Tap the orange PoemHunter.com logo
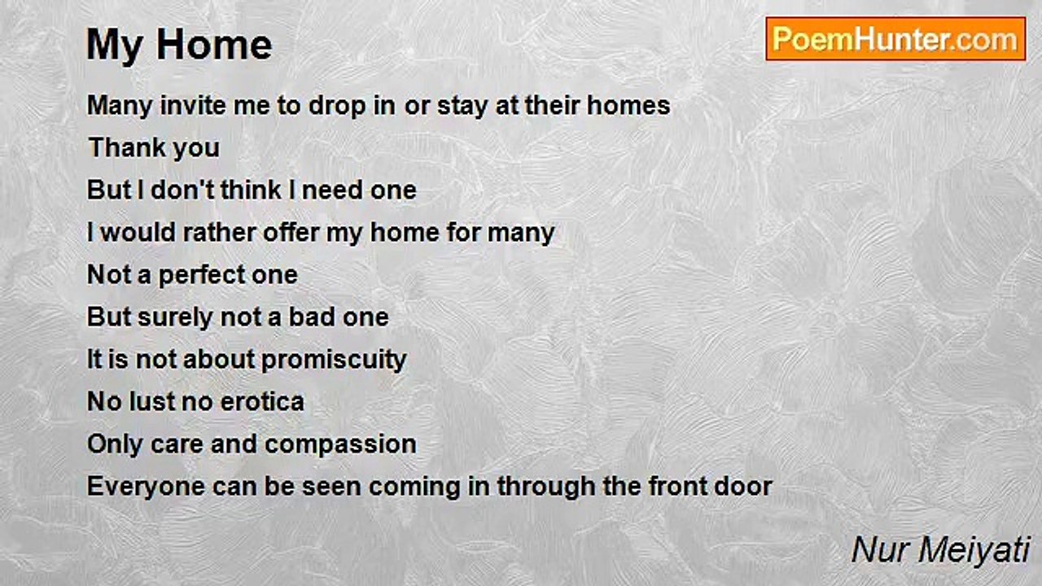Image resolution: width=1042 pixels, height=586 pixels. tap(896, 39)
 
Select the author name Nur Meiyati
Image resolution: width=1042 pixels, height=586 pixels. tap(940, 551)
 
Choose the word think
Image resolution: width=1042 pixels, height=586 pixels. tap(251, 190)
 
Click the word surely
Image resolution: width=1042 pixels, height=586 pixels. tap(175, 318)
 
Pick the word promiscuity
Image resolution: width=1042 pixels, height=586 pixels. tap(334, 361)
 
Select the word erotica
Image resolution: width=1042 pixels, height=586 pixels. tap(262, 401)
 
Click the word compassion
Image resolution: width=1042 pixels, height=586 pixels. tap(340, 445)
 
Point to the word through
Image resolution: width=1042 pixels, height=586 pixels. tap(546, 488)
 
